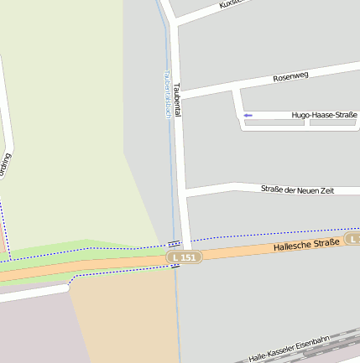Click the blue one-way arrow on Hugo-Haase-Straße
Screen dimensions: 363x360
tap(248, 115)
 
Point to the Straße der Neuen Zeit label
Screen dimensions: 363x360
tap(297, 190)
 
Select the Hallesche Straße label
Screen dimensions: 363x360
tap(306, 245)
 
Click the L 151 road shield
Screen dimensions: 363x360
tap(185, 257)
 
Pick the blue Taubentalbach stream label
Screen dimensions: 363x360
tap(167, 94)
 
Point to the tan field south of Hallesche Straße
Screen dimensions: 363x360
tap(126, 319)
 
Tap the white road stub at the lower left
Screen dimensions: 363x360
tap(34, 294)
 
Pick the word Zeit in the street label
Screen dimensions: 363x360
tap(326, 190)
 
